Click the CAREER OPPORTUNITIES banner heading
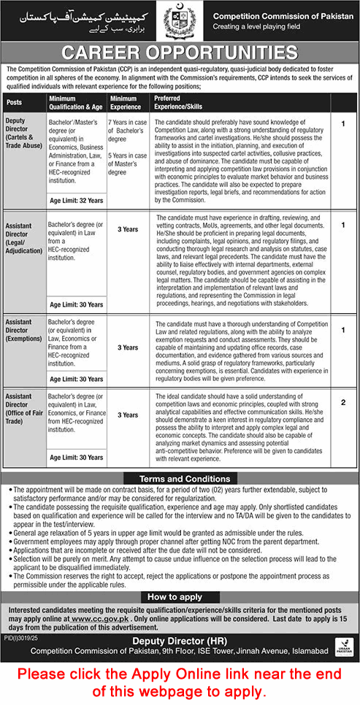click(180, 53)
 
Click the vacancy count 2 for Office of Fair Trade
click(343, 403)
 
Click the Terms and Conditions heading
click(180, 477)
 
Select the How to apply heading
click(180, 596)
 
